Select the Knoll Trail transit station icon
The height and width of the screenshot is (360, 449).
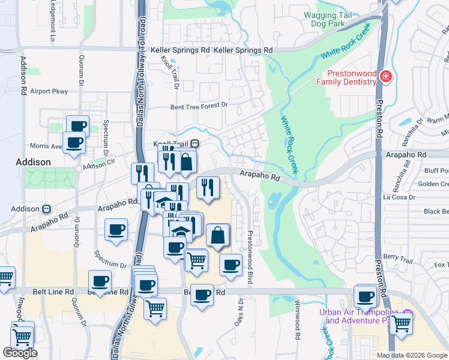tap(195, 144)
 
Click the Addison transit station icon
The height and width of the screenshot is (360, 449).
tap(46, 209)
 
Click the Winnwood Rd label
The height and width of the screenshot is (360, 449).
tap(297, 323)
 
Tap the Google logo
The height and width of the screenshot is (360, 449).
tap(20, 353)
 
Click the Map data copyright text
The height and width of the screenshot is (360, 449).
tap(412, 355)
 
